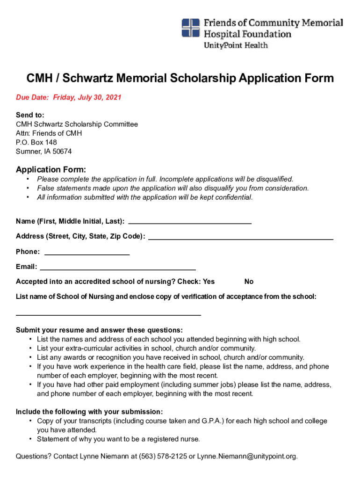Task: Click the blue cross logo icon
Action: (x=191, y=28)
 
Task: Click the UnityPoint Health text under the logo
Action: (x=235, y=45)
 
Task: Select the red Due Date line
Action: (x=69, y=97)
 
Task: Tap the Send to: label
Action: (x=30, y=115)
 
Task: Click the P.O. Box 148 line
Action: (x=36, y=142)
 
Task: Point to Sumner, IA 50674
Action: (x=44, y=152)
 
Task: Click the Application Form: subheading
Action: (x=51, y=169)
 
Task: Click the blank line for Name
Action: (x=189, y=223)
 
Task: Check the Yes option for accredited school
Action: (x=209, y=282)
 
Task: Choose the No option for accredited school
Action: (x=249, y=282)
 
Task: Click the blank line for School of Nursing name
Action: (x=108, y=314)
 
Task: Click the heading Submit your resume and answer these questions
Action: (x=99, y=330)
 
